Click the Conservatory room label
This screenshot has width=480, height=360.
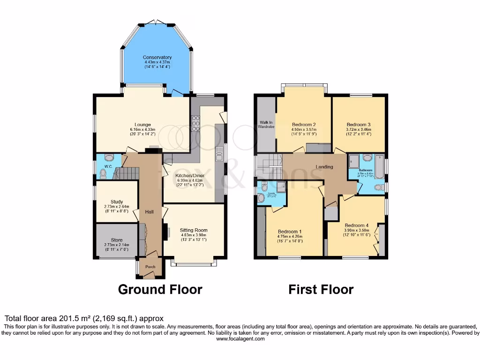157,57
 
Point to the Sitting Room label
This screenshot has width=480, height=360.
194,230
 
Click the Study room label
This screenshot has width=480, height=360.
117,202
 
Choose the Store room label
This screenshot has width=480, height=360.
117,240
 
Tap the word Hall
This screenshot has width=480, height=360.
150,212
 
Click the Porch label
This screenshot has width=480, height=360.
150,267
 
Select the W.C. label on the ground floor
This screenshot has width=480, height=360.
108,166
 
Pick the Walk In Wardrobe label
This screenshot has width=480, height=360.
266,125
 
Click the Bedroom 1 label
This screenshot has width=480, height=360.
290,232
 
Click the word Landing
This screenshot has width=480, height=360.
324,167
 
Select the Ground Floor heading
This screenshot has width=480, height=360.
160,289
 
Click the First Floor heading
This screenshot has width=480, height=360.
321,289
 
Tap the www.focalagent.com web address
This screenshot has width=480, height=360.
240,339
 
